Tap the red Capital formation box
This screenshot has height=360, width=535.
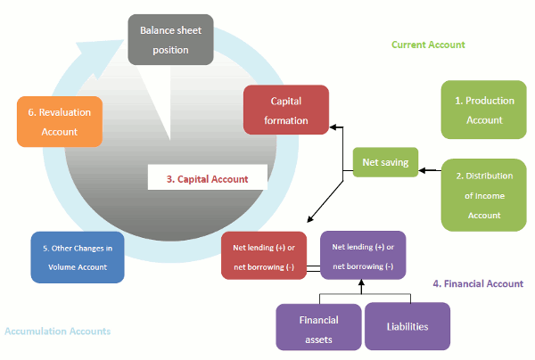coord(286,110)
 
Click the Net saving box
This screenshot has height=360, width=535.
coord(385,162)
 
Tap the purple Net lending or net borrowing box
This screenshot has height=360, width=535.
coord(362,256)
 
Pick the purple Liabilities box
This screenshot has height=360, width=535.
coord(407,326)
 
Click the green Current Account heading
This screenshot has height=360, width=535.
coord(428,45)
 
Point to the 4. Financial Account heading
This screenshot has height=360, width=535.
coord(478,284)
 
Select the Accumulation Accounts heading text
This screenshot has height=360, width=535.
coord(58,331)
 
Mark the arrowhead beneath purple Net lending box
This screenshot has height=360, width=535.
coord(362,285)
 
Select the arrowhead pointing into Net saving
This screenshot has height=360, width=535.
coord(423,163)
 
